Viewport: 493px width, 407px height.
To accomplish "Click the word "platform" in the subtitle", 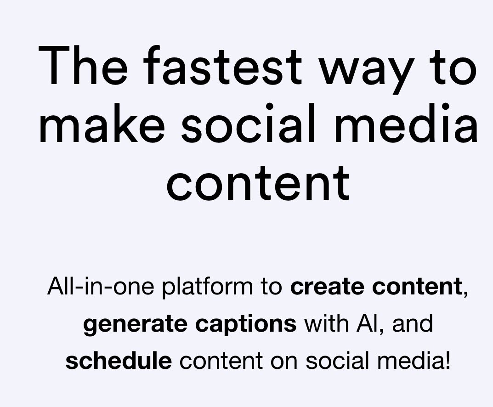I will click(207, 288).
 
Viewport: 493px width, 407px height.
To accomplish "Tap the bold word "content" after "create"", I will click(416, 287).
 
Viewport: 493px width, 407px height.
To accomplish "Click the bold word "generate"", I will click(136, 324).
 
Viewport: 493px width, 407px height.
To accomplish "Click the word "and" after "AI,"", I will click(413, 323).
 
